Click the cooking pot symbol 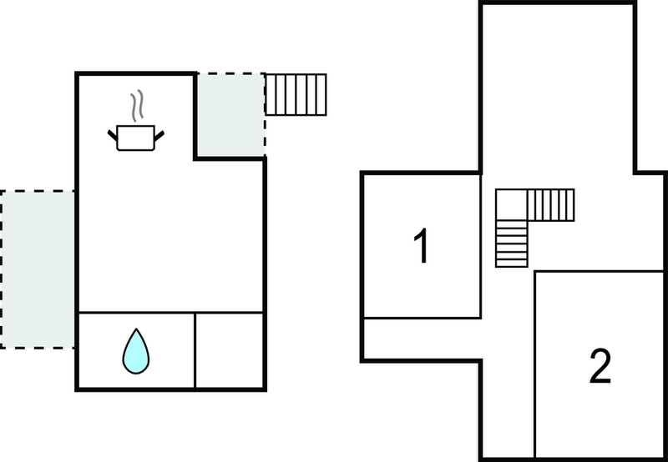pyautogui.click(x=135, y=137)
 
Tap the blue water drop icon pyautogui.click(x=136, y=351)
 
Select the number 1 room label pyautogui.click(x=422, y=246)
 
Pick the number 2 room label pyautogui.click(x=600, y=366)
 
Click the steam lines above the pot pyautogui.click(x=137, y=106)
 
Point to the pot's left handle pyautogui.click(x=112, y=135)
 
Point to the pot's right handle pyautogui.click(x=159, y=136)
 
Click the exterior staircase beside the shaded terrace pyautogui.click(x=296, y=94)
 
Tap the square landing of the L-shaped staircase pyautogui.click(x=511, y=205)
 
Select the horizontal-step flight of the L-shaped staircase pyautogui.click(x=511, y=244)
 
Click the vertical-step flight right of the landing pyautogui.click(x=551, y=205)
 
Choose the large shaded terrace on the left pyautogui.click(x=38, y=269)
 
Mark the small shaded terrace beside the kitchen pyautogui.click(x=230, y=115)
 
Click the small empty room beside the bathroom pyautogui.click(x=229, y=350)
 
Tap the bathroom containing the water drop pyautogui.click(x=137, y=350)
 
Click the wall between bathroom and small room pyautogui.click(x=195, y=350)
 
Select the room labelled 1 pyautogui.click(x=423, y=246)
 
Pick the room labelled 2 pyautogui.click(x=599, y=364)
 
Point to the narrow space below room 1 pyautogui.click(x=423, y=339)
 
